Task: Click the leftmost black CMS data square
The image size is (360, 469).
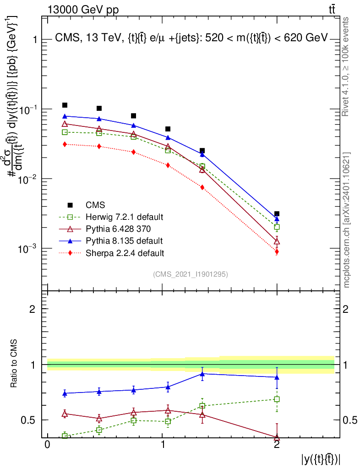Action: [x=65, y=105]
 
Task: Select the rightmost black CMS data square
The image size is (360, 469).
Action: [x=277, y=213]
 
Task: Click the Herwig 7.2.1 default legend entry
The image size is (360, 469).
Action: [x=111, y=217]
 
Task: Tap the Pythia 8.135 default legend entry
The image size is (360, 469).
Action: [x=111, y=241]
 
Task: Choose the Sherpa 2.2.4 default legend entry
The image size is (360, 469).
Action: [x=112, y=253]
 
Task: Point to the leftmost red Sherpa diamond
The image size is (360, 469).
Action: [x=65, y=144]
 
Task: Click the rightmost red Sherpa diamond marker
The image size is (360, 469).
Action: [x=277, y=252]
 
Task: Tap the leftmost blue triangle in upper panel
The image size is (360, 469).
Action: [x=65, y=116]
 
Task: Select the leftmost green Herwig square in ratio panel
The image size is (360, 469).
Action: [x=65, y=436]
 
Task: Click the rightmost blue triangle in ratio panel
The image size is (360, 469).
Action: [x=277, y=377]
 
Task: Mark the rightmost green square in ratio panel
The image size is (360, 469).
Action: [x=277, y=399]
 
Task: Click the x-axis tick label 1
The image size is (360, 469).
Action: [x=162, y=444]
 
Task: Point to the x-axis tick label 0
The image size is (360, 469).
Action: [x=48, y=444]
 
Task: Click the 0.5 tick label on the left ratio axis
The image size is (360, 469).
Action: [x=28, y=420]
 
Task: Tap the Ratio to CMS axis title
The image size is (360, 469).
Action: [x=14, y=363]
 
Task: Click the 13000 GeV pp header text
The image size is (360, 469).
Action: [x=83, y=10]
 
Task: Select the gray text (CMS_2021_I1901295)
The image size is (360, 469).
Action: [x=191, y=274]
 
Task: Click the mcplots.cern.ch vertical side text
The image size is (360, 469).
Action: [x=346, y=220]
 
